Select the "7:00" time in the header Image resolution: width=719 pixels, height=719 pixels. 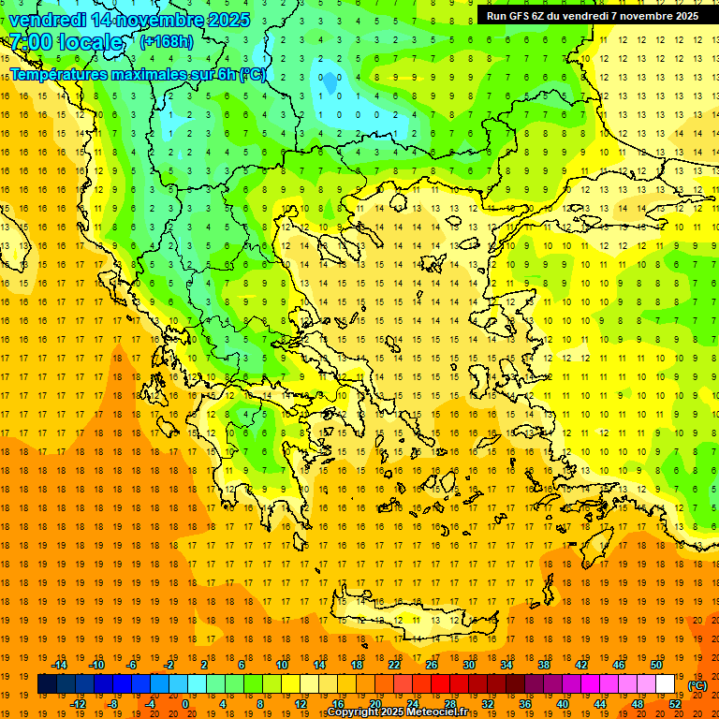click(x=30, y=43)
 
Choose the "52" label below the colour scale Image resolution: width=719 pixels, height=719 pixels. click(x=675, y=704)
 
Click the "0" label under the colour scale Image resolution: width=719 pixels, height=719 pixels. click(x=185, y=704)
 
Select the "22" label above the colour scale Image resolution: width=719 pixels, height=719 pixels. click(x=394, y=665)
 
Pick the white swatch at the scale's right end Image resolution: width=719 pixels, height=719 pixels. click(x=666, y=684)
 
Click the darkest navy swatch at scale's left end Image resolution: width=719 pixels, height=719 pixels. click(x=47, y=684)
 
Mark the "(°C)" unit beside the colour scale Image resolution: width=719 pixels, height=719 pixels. click(x=697, y=685)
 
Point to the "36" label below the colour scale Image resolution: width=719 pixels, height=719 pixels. click(x=525, y=704)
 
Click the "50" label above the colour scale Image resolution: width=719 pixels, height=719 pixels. click(x=656, y=665)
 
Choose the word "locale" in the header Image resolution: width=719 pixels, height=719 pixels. click(x=90, y=43)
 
